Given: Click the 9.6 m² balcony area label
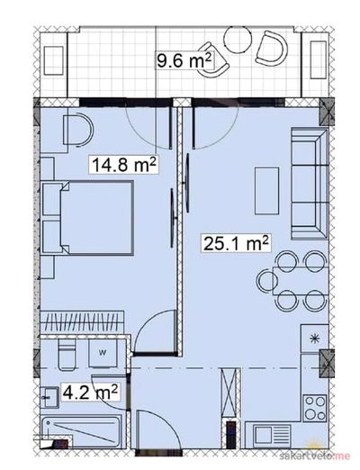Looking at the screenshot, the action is tap(184, 60).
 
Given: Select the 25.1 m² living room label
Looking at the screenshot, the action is tap(236, 243).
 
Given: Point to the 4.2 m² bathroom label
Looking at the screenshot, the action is tap(90, 391).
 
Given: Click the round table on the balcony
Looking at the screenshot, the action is tap(238, 40).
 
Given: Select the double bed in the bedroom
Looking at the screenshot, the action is tap(87, 218).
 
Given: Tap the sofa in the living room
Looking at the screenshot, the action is tap(310, 184).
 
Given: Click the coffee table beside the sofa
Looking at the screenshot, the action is tap(266, 191).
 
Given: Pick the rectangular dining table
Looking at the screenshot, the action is tap(300, 281).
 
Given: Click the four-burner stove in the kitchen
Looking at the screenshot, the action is tap(315, 408).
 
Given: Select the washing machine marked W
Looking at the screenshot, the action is tap(103, 353).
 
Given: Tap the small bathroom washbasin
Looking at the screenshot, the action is tap(49, 397).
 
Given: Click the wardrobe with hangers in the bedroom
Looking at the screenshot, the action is tap(82, 322).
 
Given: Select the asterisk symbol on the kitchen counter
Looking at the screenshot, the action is tap(314, 339).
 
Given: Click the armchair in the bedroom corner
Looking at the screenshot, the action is tap(78, 130).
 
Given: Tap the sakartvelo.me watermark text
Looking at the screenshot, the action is tap(315, 456).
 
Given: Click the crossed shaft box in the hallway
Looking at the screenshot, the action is tap(231, 393).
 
